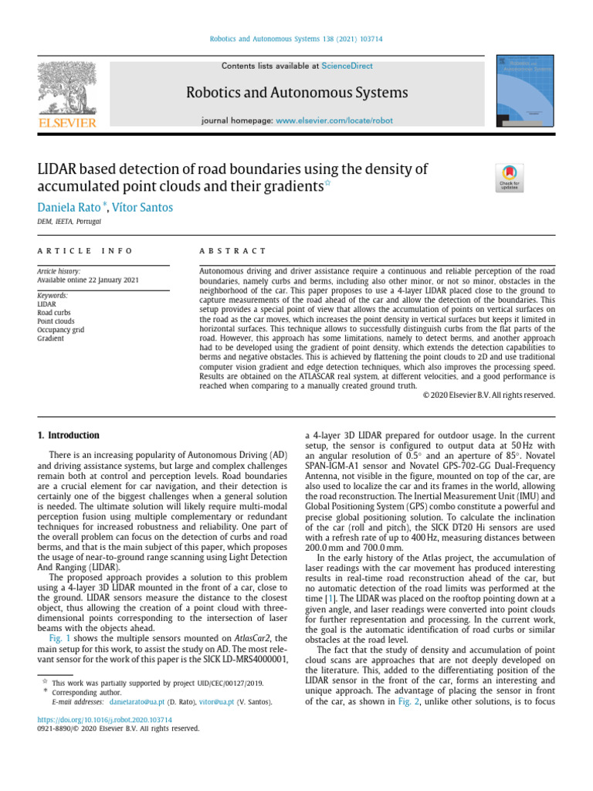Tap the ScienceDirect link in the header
347,66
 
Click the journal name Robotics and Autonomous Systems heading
296,93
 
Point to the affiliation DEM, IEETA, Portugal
69,222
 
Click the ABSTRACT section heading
232,251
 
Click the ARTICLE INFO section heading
85,251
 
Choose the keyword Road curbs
56,313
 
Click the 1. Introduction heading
69,436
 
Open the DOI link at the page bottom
105,720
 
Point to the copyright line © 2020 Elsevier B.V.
489,395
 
